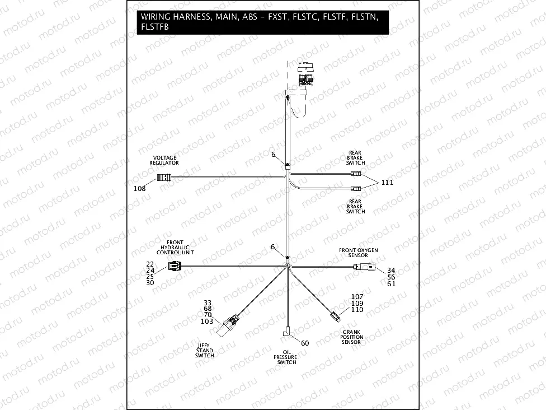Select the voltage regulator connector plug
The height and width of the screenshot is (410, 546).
(163, 178)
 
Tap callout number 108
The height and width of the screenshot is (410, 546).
(139, 189)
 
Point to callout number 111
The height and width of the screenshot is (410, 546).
(388, 183)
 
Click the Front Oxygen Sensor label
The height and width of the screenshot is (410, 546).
(358, 252)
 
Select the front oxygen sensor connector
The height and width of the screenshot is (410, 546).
(366, 268)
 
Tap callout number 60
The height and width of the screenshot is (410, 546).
(305, 343)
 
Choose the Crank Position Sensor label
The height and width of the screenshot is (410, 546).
(352, 337)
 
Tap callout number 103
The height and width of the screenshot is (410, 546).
(207, 322)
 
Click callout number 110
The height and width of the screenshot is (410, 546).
(357, 310)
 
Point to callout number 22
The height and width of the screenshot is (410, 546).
(150, 264)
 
